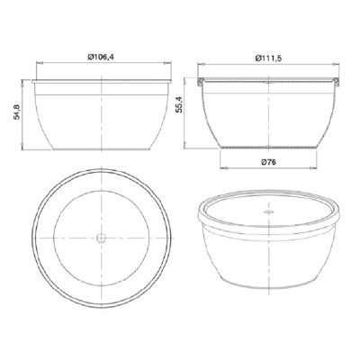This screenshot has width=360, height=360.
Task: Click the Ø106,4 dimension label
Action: point(101,57)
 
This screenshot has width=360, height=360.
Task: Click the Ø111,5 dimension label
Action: point(268,58)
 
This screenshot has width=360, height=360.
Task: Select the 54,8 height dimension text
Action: point(16,112)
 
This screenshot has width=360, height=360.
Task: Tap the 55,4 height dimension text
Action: point(179,105)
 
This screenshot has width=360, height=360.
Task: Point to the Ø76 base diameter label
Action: point(268,162)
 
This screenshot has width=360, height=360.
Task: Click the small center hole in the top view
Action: point(102,238)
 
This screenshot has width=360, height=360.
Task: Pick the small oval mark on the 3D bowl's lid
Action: point(269,211)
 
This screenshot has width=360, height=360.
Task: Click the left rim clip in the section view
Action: point(201,82)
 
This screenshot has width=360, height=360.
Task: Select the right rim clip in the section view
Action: point(337,82)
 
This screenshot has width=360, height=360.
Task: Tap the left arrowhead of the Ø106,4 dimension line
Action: point(39,63)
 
